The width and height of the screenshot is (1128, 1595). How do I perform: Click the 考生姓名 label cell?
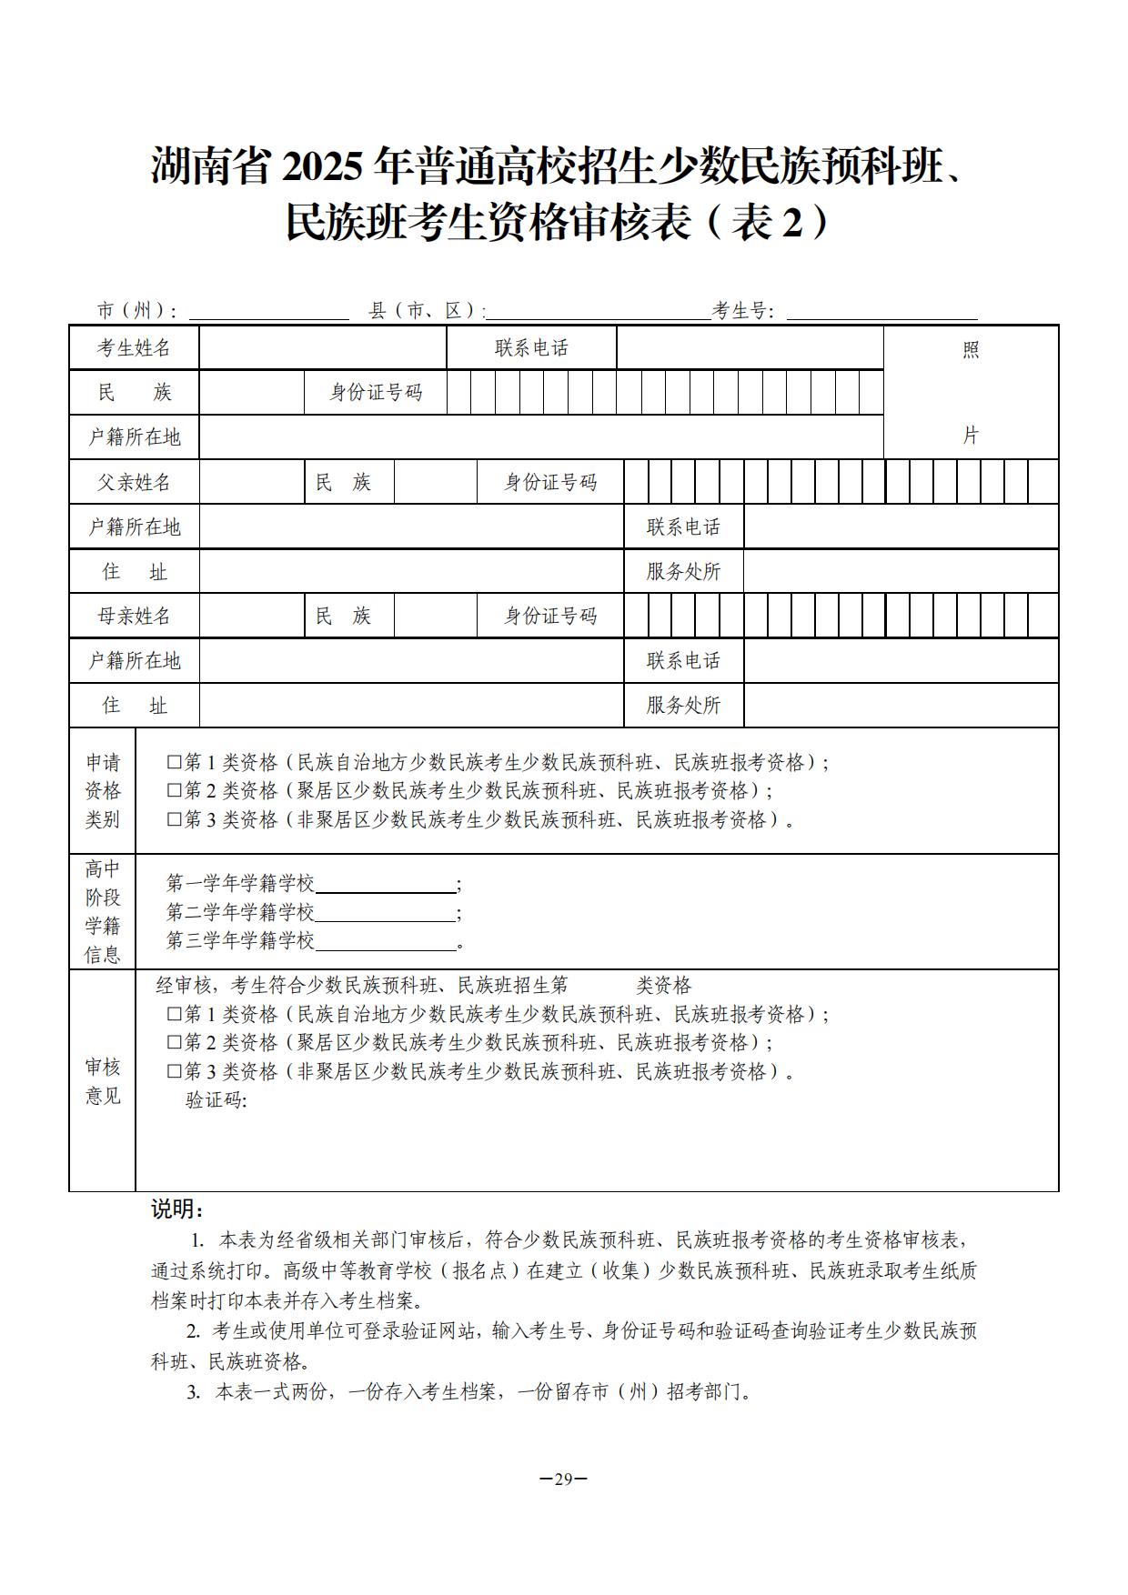click(x=134, y=348)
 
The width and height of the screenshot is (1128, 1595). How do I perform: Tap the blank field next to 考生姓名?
click(x=323, y=348)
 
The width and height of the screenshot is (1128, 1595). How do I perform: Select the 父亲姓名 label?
click(x=134, y=482)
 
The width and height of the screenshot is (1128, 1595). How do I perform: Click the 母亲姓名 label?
click(x=134, y=616)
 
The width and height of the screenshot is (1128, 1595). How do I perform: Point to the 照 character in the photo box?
click(x=971, y=350)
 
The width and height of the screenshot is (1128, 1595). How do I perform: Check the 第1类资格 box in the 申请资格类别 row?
click(x=174, y=763)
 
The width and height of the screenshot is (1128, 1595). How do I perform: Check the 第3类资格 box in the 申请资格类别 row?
click(x=174, y=819)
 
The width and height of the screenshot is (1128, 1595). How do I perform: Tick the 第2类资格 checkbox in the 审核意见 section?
click(x=174, y=1042)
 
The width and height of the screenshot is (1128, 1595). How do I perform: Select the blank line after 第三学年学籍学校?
click(x=385, y=942)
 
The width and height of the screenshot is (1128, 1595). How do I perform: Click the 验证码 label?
click(x=216, y=1100)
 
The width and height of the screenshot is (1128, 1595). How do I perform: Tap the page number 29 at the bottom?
click(x=563, y=1478)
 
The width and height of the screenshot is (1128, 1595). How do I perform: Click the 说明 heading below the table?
click(x=176, y=1209)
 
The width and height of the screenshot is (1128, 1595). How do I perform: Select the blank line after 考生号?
click(x=881, y=312)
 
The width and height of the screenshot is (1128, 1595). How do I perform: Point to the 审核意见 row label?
click(x=103, y=1080)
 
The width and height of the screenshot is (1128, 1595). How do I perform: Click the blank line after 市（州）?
click(x=268, y=312)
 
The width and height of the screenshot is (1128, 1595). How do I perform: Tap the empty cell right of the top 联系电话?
click(x=750, y=348)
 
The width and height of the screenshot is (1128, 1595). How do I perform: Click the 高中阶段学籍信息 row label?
click(x=103, y=911)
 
